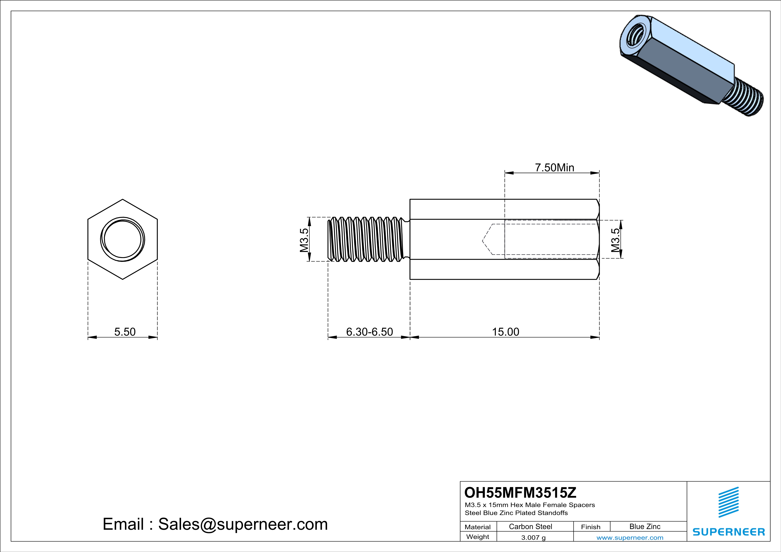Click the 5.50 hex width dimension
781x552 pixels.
point(125,332)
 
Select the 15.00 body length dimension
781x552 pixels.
point(506,332)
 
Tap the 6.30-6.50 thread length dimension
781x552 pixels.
point(369,332)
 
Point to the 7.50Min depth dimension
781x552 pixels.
point(555,168)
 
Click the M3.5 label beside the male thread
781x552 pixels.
point(304,240)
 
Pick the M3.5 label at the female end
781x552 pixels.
point(615,240)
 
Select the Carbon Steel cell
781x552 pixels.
point(530,526)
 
